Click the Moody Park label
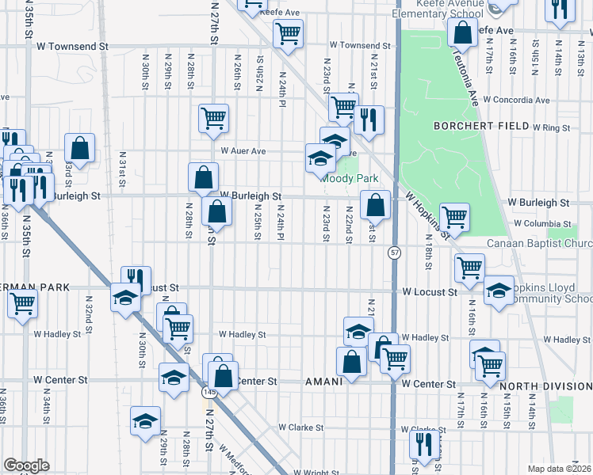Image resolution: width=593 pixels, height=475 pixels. coord(350,179)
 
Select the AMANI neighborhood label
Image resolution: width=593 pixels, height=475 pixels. coord(324,382)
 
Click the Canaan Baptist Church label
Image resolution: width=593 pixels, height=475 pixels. coord(539,243)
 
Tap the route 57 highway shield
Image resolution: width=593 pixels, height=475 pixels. coord(394,253)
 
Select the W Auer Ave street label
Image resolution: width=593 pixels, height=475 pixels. coord(243,150)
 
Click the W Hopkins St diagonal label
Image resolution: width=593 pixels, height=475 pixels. coord(428,215)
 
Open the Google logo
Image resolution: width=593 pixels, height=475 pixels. coord(26,465)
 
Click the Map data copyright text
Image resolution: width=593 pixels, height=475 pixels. coord(560,469)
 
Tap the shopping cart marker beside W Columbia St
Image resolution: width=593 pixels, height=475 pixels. coord(454,217)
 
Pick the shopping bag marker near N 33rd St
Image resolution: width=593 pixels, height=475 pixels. coord(79,147)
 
